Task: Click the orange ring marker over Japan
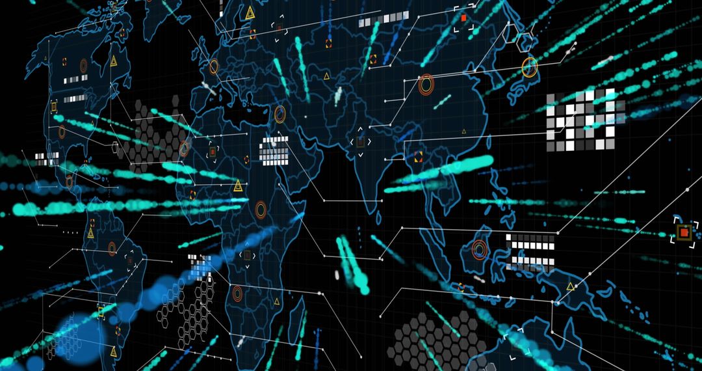click(x=530, y=67)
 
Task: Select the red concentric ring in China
click(x=426, y=84)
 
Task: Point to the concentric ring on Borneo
click(x=480, y=249)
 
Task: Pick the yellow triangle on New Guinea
click(x=570, y=286)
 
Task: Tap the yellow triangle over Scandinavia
click(x=250, y=13)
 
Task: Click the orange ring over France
click(x=214, y=66)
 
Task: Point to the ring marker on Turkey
click(x=280, y=115)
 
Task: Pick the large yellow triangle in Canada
click(x=114, y=61)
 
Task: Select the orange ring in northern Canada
click(x=83, y=65)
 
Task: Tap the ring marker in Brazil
click(x=112, y=249)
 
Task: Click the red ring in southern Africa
click(x=237, y=294)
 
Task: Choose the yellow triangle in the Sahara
click(x=238, y=185)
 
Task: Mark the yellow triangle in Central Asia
click(x=373, y=59)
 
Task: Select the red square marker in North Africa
click(x=212, y=152)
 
